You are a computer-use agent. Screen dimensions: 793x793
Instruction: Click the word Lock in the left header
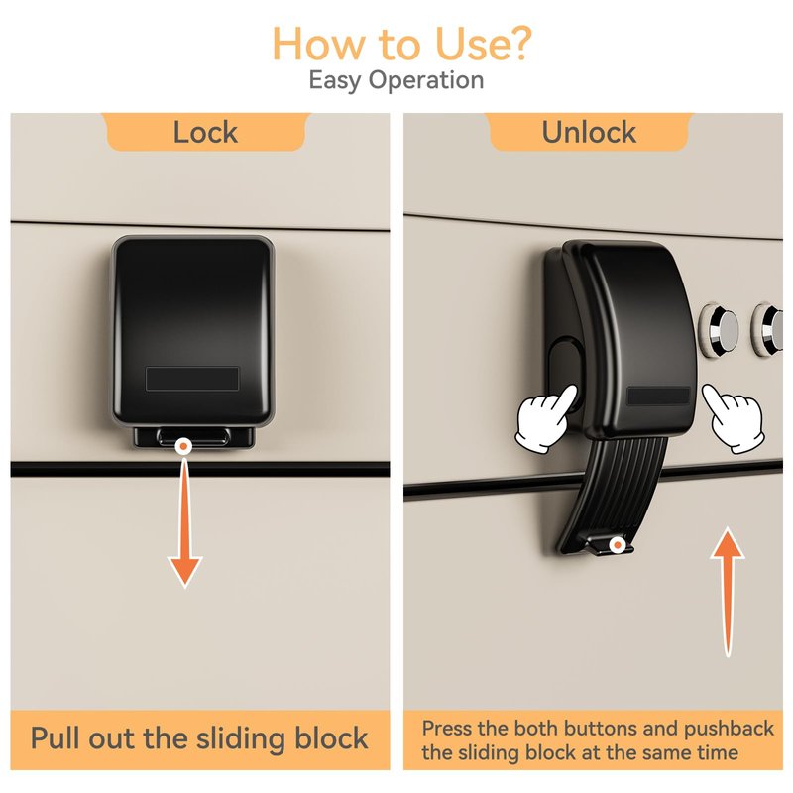(205, 133)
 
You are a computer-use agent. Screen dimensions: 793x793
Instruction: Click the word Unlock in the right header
(589, 133)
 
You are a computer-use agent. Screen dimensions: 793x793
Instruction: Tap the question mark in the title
(516, 44)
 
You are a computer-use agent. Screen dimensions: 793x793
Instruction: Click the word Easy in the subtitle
(335, 81)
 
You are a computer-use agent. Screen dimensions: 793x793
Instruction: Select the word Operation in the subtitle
(426, 81)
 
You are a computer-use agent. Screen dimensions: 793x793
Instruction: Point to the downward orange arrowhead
(185, 571)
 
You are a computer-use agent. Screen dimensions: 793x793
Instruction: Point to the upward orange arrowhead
(728, 543)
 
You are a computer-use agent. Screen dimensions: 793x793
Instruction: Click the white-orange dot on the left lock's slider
(184, 447)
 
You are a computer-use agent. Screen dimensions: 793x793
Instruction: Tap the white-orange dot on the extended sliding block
(617, 546)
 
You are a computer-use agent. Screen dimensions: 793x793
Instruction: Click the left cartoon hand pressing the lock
(545, 417)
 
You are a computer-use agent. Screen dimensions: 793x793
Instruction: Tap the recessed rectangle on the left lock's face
(192, 379)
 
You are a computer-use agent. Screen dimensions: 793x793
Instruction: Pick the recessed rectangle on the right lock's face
(658, 396)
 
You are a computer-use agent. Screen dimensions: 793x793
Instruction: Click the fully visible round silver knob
(719, 329)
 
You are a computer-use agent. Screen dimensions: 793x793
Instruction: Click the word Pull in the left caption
(56, 738)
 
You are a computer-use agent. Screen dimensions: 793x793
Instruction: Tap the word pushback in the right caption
(729, 729)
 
